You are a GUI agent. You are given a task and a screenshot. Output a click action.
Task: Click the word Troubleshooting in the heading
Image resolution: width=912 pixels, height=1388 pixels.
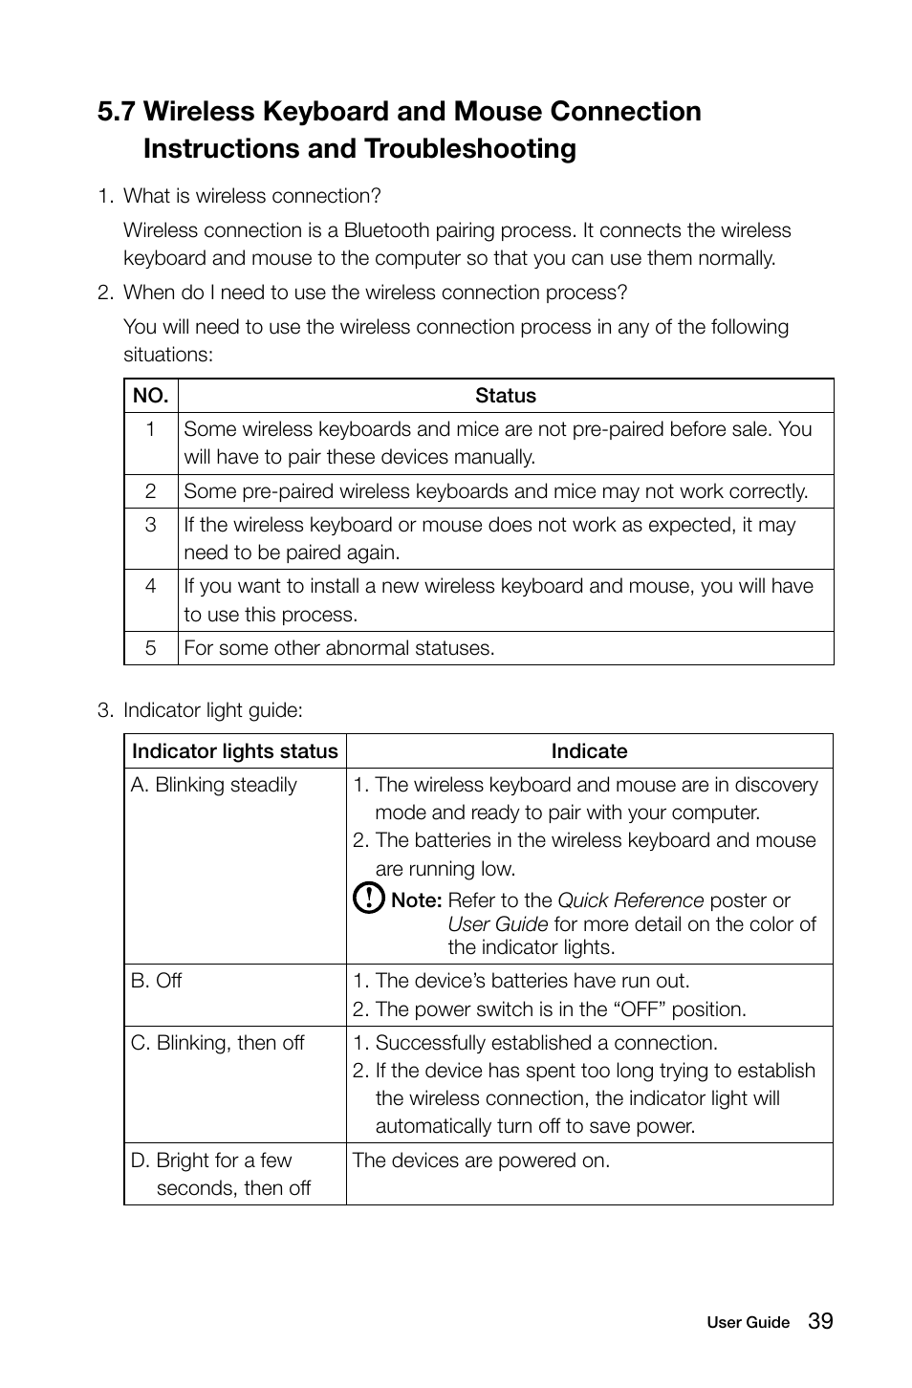click(469, 149)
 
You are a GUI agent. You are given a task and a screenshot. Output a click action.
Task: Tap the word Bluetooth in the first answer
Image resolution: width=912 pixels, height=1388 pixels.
click(386, 230)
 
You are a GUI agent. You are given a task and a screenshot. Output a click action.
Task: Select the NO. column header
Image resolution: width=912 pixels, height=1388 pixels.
click(150, 396)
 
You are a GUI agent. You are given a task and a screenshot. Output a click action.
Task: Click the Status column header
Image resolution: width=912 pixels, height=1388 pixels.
click(505, 396)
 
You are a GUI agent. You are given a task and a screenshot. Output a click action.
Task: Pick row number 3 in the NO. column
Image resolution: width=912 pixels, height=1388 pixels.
click(150, 525)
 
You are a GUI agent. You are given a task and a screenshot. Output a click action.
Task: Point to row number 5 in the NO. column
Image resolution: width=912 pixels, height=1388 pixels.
click(150, 648)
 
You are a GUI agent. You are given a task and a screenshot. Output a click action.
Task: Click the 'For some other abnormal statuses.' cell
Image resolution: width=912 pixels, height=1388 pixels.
click(339, 648)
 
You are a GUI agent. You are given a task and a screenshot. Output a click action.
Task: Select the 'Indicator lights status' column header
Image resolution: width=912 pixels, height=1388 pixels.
click(235, 751)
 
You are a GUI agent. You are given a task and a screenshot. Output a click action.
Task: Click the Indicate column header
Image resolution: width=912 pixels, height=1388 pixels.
click(589, 751)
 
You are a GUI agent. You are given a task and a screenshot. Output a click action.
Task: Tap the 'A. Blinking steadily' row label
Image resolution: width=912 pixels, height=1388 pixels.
click(214, 785)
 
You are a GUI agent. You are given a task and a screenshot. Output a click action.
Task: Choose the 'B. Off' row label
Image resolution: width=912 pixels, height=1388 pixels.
click(157, 981)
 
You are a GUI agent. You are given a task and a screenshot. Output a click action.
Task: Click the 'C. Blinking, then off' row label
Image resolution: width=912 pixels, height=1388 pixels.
click(218, 1043)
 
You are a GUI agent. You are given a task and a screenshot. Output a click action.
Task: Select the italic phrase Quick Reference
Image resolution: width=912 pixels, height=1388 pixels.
click(630, 900)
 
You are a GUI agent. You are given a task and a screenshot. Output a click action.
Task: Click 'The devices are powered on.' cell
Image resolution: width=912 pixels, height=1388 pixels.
click(481, 1160)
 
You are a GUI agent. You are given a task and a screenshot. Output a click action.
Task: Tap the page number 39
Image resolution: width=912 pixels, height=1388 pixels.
click(820, 1321)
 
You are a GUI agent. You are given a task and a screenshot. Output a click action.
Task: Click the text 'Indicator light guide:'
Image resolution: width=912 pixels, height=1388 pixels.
click(213, 710)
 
